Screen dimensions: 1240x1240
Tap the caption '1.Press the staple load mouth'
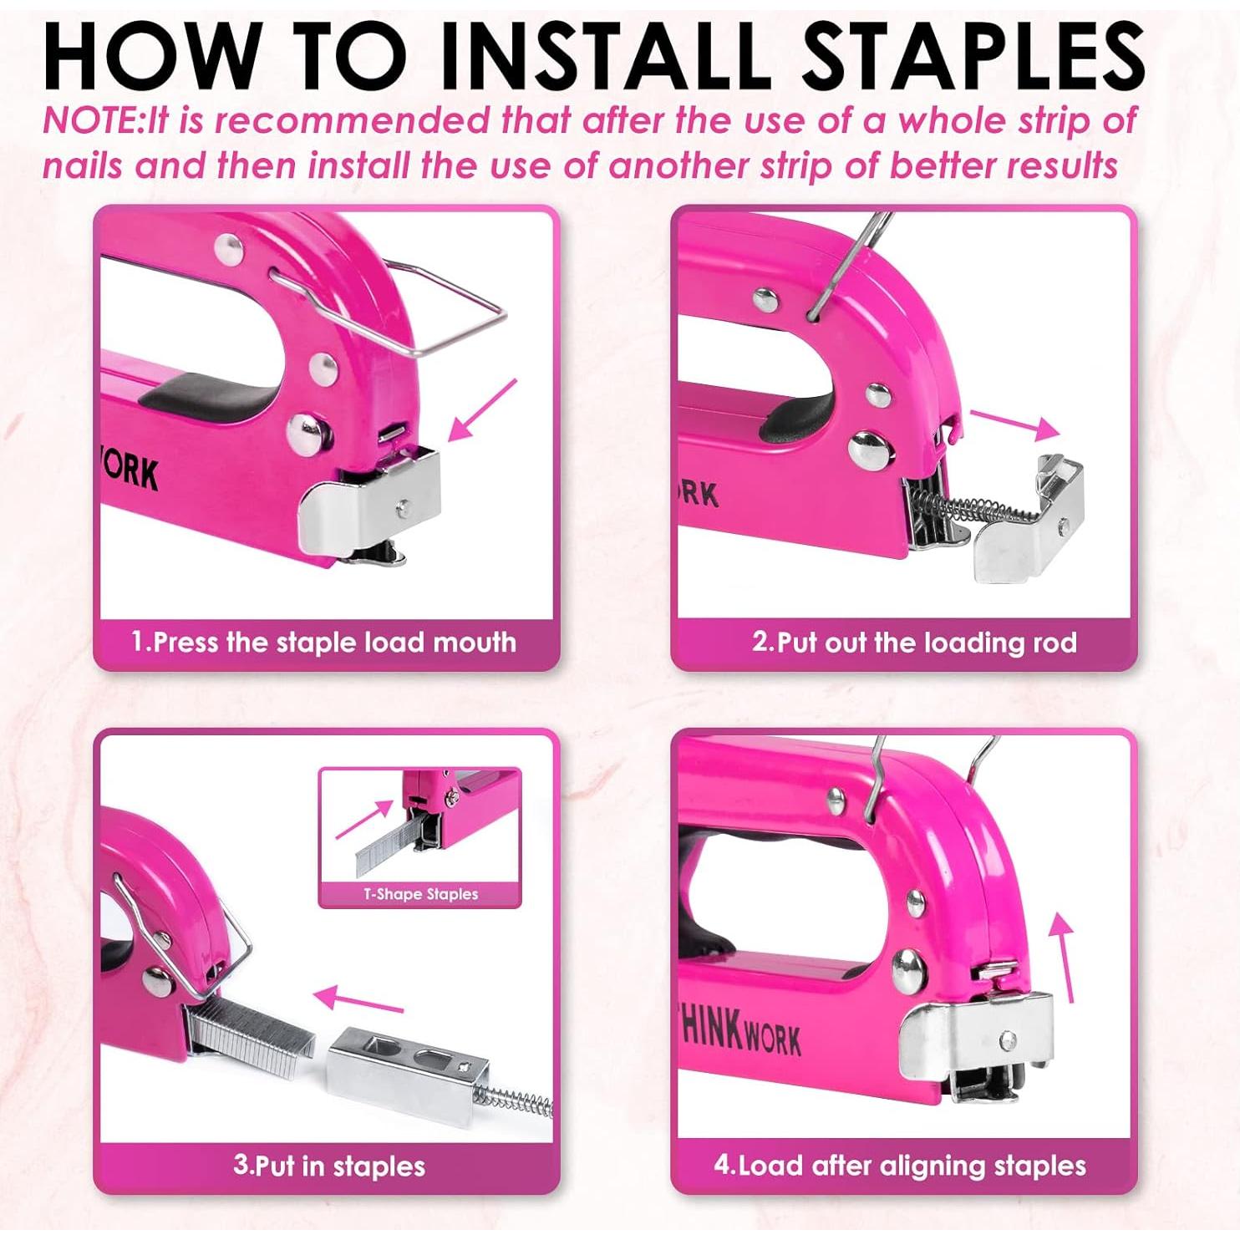tap(323, 643)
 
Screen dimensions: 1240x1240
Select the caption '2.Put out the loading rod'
tap(914, 643)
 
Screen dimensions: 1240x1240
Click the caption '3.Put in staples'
tap(328, 1166)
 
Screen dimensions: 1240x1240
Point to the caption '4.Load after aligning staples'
tap(900, 1166)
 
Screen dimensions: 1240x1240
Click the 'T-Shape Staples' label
tap(420, 894)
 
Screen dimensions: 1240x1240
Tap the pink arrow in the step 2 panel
tap(1014, 424)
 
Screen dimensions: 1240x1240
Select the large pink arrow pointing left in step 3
tap(358, 999)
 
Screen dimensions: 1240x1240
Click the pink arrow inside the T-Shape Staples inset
tap(364, 819)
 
